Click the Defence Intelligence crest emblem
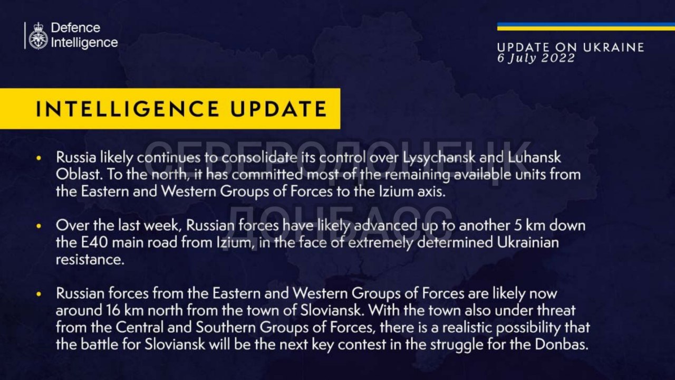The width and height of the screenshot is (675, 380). pyautogui.click(x=38, y=36)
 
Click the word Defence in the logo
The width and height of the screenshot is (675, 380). pyautogui.click(x=75, y=28)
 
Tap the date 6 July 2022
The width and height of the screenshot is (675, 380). pyautogui.click(x=536, y=58)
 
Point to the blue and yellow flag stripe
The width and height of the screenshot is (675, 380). pyautogui.click(x=586, y=26)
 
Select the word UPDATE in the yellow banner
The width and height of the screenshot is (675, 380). pyautogui.click(x=279, y=109)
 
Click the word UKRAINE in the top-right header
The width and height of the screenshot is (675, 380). pyautogui.click(x=613, y=47)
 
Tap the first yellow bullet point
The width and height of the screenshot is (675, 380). pyautogui.click(x=38, y=158)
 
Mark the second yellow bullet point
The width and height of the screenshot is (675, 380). pyautogui.click(x=38, y=226)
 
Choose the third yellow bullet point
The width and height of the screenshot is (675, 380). pyautogui.click(x=38, y=294)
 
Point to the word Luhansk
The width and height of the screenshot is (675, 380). pyautogui.click(x=534, y=157)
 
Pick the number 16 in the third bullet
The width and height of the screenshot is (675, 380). pyautogui.click(x=113, y=311)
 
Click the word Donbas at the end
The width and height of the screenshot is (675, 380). pyautogui.click(x=562, y=345)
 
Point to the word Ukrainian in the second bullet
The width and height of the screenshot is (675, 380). pyautogui.click(x=528, y=243)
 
